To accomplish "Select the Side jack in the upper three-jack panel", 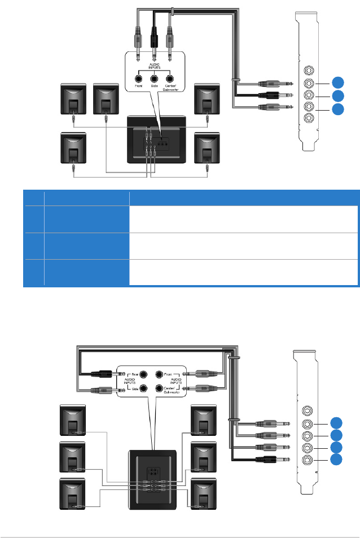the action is click(x=154, y=80).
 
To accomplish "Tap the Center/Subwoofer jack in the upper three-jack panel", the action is click(x=170, y=80).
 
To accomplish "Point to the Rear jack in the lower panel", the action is click(x=143, y=374).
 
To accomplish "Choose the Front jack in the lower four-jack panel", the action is click(x=159, y=374).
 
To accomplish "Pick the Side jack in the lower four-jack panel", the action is click(x=143, y=388).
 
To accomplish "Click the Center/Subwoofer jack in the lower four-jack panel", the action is click(x=159, y=388).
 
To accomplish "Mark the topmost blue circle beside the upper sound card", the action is click(x=337, y=82).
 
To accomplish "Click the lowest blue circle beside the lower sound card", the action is click(x=337, y=459).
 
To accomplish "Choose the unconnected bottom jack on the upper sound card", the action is click(x=308, y=119).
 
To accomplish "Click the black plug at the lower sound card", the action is click(x=267, y=460).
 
